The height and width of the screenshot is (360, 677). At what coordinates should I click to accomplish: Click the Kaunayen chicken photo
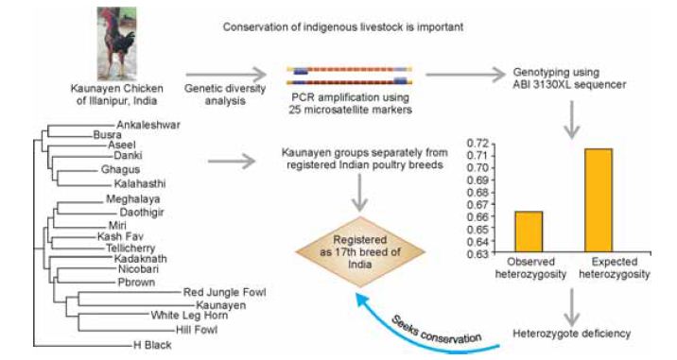(x=116, y=43)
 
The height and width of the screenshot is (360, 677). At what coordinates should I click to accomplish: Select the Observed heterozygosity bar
(x=529, y=231)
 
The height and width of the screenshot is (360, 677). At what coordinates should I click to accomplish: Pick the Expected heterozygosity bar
(x=599, y=200)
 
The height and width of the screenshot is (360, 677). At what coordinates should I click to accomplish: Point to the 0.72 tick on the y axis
(x=477, y=144)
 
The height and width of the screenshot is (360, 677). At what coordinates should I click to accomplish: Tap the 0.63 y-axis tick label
(x=477, y=253)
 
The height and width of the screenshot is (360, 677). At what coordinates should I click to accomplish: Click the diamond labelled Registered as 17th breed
(x=360, y=252)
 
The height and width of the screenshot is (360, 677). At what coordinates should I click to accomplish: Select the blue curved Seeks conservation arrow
(x=421, y=333)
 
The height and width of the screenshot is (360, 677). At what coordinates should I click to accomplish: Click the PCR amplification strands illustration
(x=349, y=75)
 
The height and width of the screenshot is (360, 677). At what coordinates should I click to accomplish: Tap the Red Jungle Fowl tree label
(x=224, y=292)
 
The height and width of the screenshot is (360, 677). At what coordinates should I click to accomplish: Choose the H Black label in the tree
(x=152, y=345)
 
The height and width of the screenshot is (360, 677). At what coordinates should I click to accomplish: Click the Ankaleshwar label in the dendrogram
(x=148, y=125)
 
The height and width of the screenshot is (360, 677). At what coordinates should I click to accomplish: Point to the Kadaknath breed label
(x=140, y=259)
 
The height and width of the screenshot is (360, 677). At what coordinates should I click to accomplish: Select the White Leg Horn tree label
(x=189, y=315)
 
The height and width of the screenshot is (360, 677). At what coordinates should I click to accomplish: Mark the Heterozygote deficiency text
(x=572, y=334)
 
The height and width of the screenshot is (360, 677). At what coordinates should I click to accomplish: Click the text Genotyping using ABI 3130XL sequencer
(x=569, y=78)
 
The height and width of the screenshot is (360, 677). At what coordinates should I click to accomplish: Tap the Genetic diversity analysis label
(x=225, y=94)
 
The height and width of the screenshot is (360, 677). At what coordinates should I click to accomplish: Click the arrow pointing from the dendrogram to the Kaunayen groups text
(x=232, y=162)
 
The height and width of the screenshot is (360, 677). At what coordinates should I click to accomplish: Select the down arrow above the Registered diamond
(x=359, y=193)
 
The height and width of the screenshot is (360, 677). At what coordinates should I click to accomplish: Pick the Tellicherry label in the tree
(x=130, y=249)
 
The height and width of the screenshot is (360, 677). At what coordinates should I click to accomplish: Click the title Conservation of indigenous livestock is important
(x=343, y=26)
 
